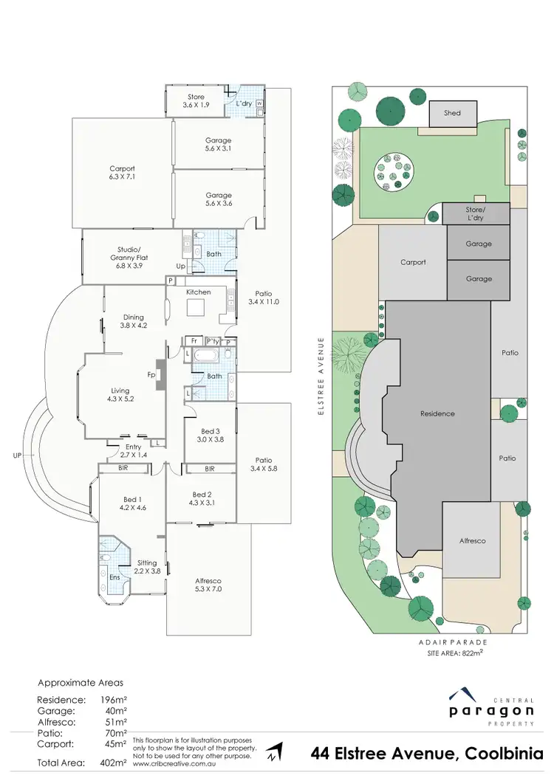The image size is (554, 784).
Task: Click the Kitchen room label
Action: coord(198,292)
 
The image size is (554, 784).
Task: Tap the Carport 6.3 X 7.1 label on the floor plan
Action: coord(122,173)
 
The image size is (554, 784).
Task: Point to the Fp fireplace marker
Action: coord(151,375)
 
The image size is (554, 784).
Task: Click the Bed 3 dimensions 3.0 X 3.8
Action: coord(211,439)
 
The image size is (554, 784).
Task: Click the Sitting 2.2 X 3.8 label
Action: coord(146,567)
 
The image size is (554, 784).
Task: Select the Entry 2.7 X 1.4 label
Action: coord(134,451)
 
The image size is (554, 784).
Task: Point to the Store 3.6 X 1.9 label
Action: coord(196,101)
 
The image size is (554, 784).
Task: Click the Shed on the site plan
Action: coord(452,113)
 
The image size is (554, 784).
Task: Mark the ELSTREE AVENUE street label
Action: coord(321,377)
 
